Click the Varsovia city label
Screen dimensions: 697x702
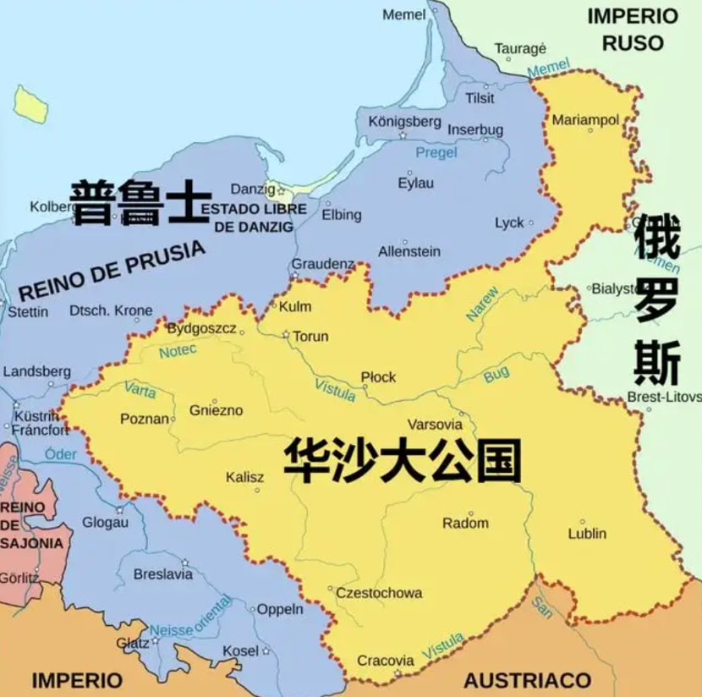(435, 425)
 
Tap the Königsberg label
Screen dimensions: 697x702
(404, 122)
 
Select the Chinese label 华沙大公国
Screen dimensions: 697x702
(402, 459)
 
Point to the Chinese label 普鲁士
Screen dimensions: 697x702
(140, 203)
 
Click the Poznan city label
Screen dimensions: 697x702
(145, 419)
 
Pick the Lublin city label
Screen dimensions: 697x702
(587, 534)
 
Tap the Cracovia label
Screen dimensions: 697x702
(386, 661)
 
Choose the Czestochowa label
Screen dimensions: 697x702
(379, 593)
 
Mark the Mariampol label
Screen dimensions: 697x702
(585, 120)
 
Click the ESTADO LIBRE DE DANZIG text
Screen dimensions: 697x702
(254, 217)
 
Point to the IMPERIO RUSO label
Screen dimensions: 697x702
(633, 29)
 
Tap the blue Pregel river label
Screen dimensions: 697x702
(436, 153)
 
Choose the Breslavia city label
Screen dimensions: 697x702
(163, 574)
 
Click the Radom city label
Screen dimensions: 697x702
(465, 523)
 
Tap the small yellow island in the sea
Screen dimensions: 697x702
(31, 104)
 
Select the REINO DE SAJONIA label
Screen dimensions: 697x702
(31, 525)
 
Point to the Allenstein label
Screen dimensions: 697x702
(409, 251)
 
